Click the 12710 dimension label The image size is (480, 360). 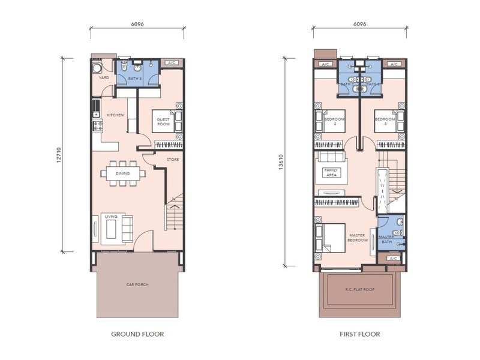[58, 154]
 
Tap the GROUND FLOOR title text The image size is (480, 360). [137, 334]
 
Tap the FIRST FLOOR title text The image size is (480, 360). [358, 334]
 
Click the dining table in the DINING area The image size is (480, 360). [122, 174]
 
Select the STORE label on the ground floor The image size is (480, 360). [173, 159]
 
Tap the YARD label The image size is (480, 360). [103, 77]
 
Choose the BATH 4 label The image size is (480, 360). [135, 78]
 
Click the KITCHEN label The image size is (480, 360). [115, 115]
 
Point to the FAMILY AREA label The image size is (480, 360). [331, 172]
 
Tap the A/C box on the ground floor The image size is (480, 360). [171, 62]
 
